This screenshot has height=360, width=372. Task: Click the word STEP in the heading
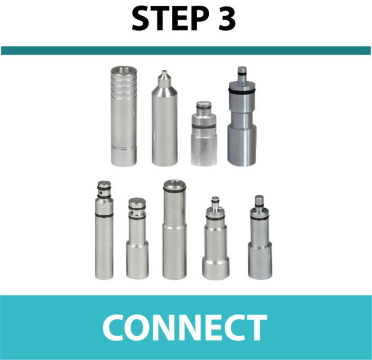pos(171,19)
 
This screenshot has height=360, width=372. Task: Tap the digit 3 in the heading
pos(227,19)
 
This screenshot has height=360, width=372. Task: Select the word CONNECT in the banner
pos(185,327)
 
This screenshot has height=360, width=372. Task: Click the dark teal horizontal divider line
pos(186,51)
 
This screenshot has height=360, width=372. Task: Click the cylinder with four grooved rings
pos(124,116)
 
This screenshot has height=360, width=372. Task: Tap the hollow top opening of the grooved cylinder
pos(124,70)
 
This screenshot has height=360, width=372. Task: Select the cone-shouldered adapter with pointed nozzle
pos(165,118)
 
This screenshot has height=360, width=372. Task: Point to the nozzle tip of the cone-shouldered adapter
pos(164,71)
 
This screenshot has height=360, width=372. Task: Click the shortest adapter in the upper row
pos(204,133)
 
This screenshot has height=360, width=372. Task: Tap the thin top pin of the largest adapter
pos(242,74)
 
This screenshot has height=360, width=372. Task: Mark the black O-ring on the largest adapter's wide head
pos(242,91)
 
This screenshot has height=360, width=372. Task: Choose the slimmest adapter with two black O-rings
pos(104,230)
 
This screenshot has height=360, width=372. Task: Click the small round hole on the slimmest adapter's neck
pos(101,192)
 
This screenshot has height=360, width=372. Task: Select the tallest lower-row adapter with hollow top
pos(174,229)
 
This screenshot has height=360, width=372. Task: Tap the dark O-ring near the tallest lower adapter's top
pos(174,190)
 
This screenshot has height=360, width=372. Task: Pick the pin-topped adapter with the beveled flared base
pos(216,238)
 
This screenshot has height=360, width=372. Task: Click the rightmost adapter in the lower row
pos(260,237)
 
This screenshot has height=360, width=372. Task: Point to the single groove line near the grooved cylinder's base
pos(124,148)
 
